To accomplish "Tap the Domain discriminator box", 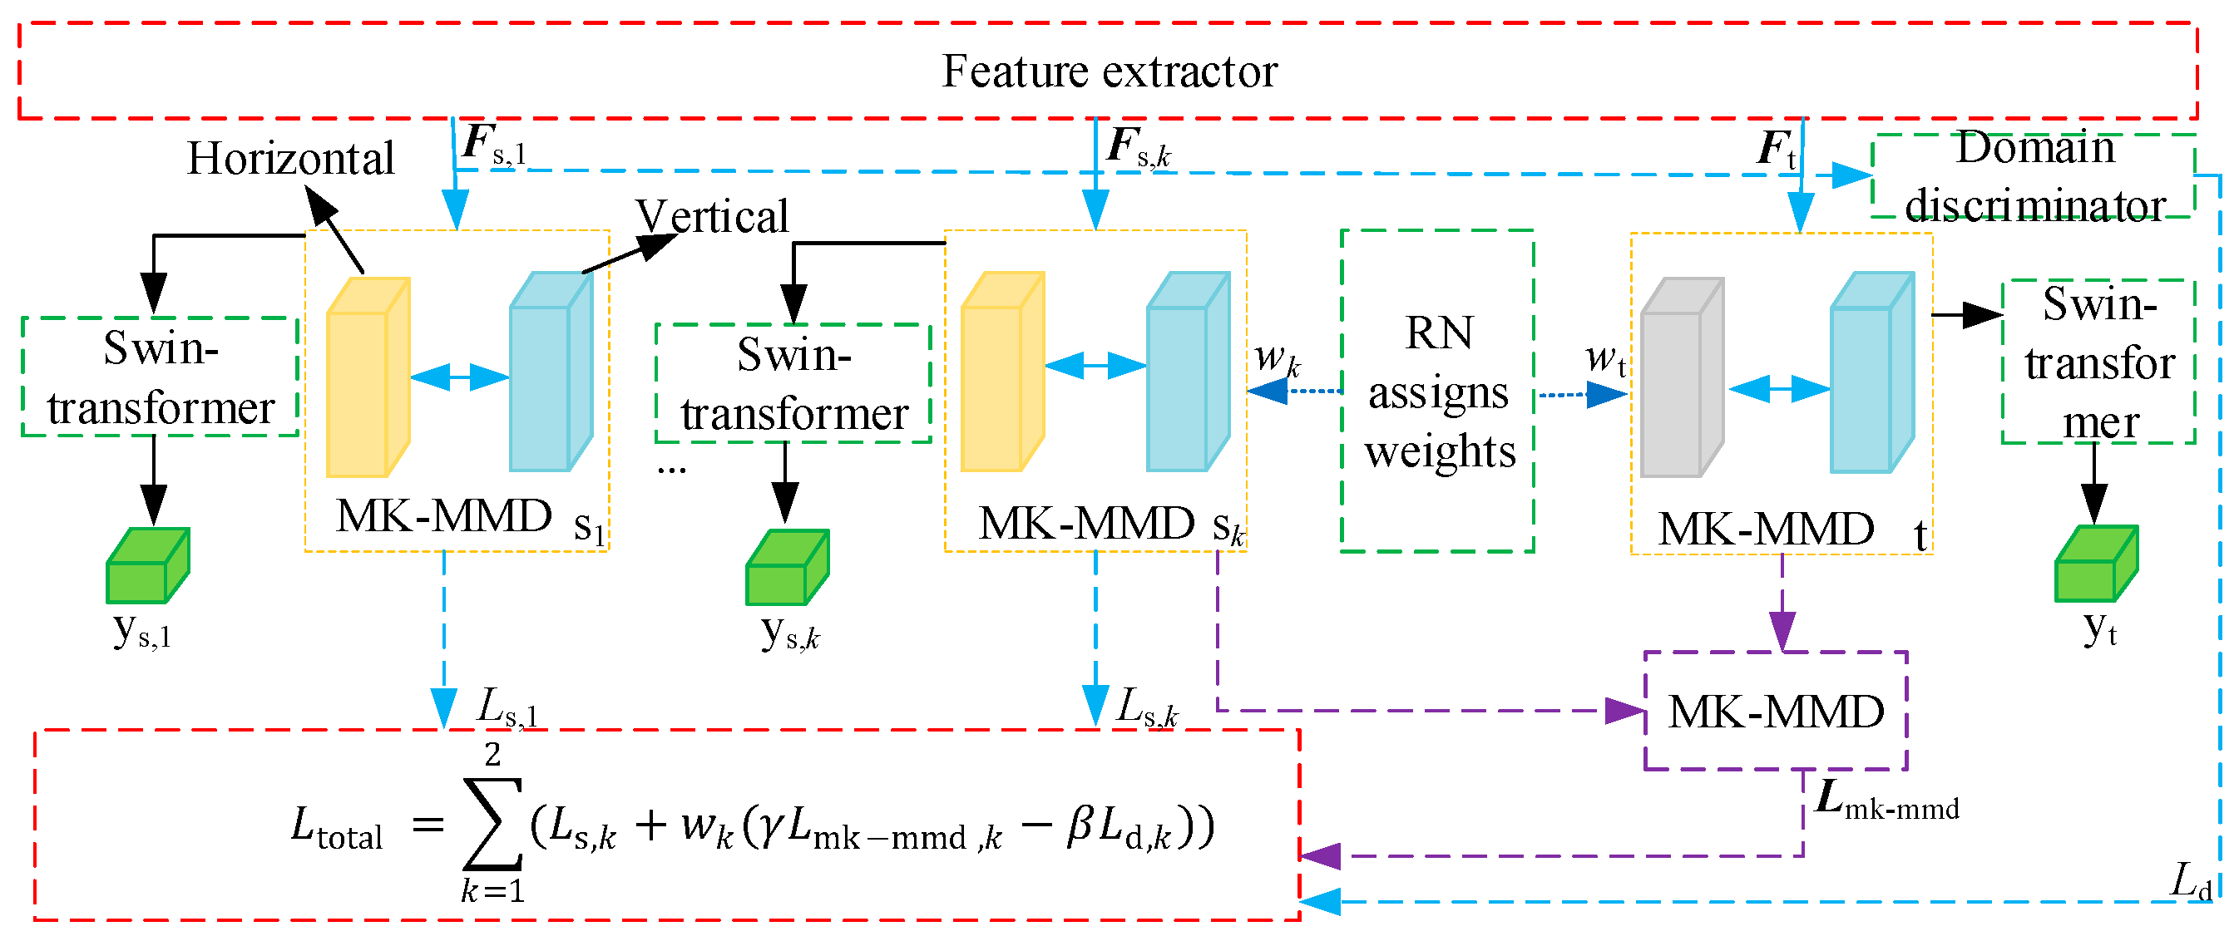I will pyautogui.click(x=2034, y=176).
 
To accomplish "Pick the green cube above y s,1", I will pyautogui.click(x=147, y=566).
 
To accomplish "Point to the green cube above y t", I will pyautogui.click(x=2096, y=564).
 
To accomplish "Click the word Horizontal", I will pyautogui.click(x=290, y=159).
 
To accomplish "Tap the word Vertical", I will pyautogui.click(x=712, y=216).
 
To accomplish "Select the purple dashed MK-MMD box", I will pyautogui.click(x=1776, y=712).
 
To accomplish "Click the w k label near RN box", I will pyautogui.click(x=1276, y=357).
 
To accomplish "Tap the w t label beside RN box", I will pyautogui.click(x=1604, y=358).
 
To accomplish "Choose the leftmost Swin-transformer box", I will pyautogui.click(x=160, y=377).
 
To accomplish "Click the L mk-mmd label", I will pyautogui.click(x=1886, y=801).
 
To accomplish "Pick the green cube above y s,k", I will pyautogui.click(x=787, y=569).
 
